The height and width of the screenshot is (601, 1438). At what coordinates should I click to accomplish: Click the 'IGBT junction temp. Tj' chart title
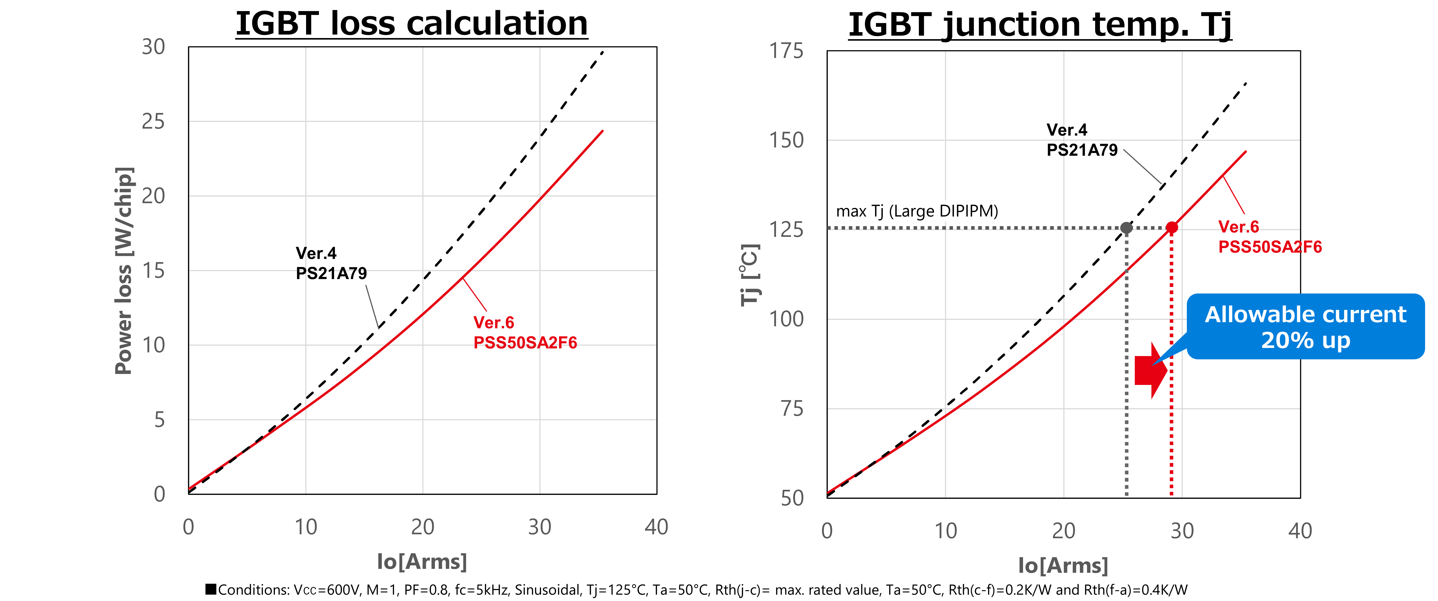(1039, 25)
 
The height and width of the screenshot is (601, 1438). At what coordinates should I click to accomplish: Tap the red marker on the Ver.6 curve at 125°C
(1172, 227)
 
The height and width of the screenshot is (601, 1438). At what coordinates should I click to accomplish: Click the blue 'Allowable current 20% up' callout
(1305, 327)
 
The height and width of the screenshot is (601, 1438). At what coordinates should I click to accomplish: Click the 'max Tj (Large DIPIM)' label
(917, 211)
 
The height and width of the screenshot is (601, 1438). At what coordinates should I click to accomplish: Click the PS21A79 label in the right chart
(1082, 150)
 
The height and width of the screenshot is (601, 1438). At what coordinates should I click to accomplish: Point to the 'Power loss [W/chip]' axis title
(124, 271)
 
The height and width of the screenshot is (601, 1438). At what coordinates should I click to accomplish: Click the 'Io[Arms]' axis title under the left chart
(422, 561)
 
